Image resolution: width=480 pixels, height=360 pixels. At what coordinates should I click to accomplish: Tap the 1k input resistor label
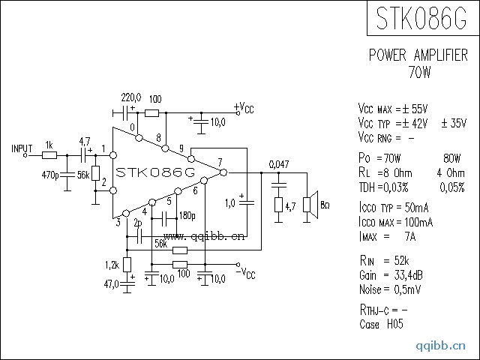[49, 145]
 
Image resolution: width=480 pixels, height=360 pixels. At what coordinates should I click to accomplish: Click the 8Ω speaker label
[325, 205]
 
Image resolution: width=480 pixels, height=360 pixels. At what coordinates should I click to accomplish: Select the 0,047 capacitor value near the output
[279, 164]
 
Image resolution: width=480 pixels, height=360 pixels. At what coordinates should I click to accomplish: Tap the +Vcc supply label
[244, 108]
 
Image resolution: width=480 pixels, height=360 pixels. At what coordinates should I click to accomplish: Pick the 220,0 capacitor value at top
[132, 98]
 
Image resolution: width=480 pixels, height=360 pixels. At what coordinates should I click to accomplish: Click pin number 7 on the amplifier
[220, 162]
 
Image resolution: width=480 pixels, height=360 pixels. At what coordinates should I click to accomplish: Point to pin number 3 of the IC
[118, 222]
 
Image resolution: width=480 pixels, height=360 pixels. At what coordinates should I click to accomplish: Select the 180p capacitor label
[187, 216]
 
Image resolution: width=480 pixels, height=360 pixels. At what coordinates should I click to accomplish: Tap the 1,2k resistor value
[112, 265]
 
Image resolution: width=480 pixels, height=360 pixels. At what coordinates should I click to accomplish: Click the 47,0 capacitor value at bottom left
[112, 284]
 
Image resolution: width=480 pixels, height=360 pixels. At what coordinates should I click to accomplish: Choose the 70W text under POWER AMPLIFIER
[420, 72]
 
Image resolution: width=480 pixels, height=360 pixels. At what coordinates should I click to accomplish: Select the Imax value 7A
[410, 236]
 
